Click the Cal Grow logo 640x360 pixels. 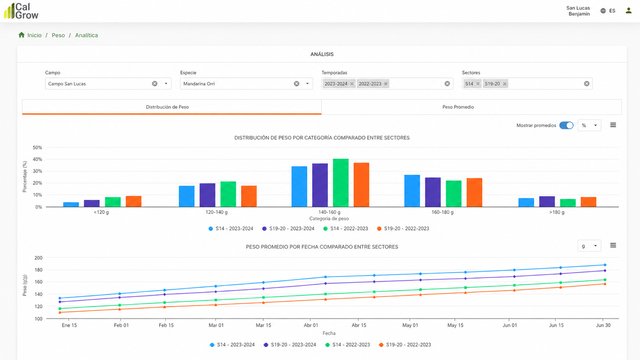click(x=21, y=11)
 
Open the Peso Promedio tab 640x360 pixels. click(x=458, y=107)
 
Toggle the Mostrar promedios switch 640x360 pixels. click(x=566, y=125)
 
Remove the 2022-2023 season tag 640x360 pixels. click(x=386, y=84)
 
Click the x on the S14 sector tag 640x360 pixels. click(x=478, y=84)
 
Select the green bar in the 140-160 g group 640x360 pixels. click(x=341, y=183)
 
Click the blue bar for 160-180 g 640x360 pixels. click(x=412, y=191)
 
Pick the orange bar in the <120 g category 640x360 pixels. click(x=134, y=201)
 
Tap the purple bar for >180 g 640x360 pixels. click(x=547, y=202)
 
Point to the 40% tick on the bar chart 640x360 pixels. click(x=37, y=159)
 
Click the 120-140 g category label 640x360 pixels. click(x=217, y=212)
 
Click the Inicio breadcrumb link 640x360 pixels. click(x=34, y=35)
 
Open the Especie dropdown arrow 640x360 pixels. click(x=307, y=84)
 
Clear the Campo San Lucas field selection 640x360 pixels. click(x=155, y=84)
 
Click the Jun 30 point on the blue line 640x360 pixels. click(x=605, y=265)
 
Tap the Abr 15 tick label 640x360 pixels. click(x=359, y=325)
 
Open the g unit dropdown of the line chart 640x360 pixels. click(x=589, y=246)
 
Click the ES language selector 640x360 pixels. click(x=608, y=11)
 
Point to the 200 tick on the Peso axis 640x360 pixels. click(x=38, y=258)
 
